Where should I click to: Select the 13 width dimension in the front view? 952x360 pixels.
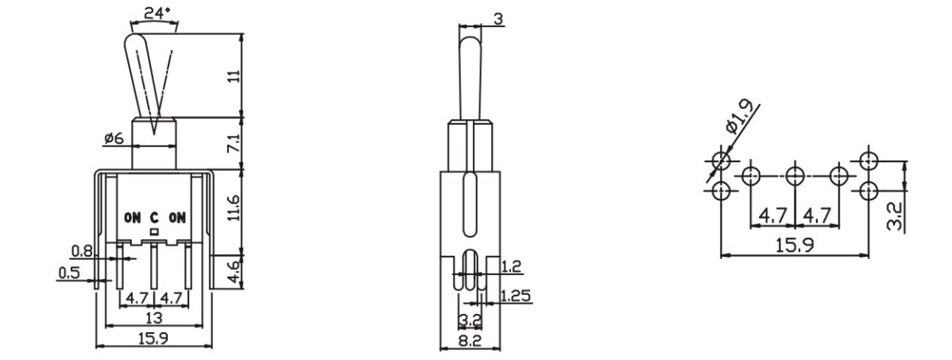[153, 318]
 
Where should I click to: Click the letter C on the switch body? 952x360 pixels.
[155, 216]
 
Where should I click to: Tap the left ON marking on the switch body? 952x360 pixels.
[132, 216]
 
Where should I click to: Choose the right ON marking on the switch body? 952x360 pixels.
[176, 216]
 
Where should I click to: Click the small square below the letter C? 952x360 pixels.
[155, 230]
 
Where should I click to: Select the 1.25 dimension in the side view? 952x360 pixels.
[517, 296]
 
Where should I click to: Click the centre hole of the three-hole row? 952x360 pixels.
[795, 176]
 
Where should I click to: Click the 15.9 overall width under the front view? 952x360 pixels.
[153, 339]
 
